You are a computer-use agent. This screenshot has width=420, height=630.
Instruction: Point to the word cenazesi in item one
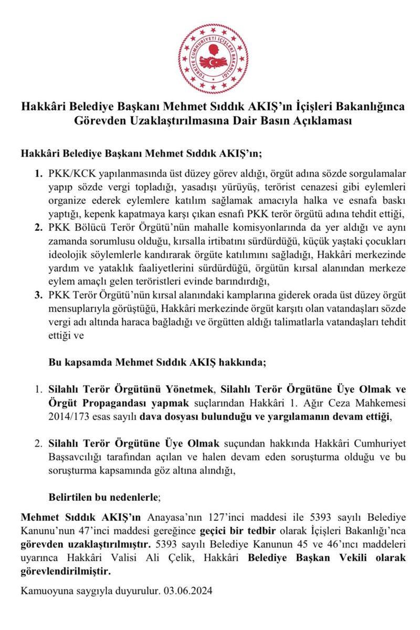308,188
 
